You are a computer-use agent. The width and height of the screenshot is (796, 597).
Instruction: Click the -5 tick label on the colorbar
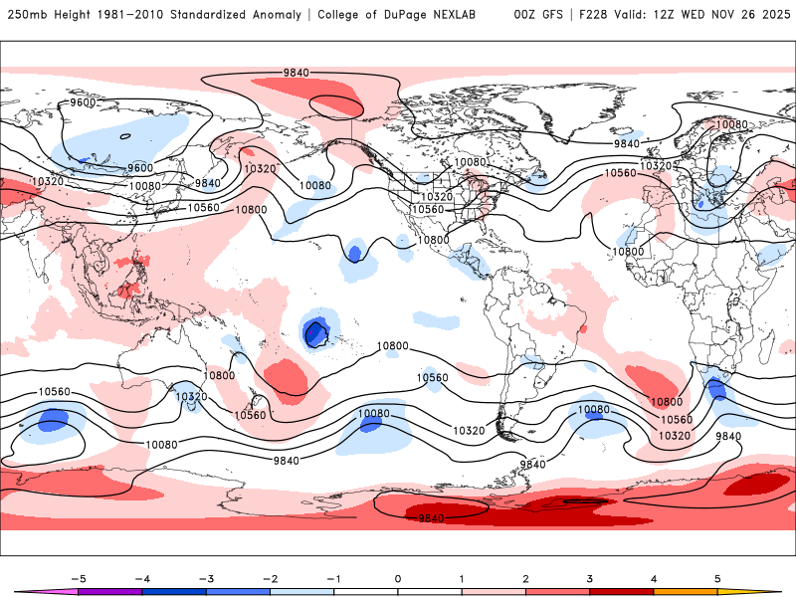point(79,577)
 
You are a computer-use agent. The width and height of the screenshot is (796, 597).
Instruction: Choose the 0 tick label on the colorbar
point(398,577)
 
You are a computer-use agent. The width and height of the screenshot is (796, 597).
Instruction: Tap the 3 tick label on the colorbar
point(590,577)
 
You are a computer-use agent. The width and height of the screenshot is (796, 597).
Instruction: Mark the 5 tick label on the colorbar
point(717,577)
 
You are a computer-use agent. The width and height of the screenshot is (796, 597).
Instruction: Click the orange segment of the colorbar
point(686,591)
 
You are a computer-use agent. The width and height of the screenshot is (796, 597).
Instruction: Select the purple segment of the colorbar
point(110,591)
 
